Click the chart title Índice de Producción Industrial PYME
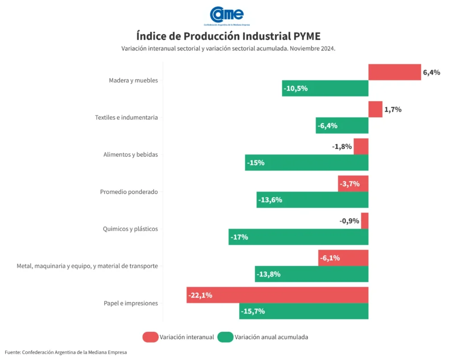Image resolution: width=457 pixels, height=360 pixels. pyautogui.click(x=228, y=36)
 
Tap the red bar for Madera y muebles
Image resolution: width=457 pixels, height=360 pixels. pyautogui.click(x=395, y=72)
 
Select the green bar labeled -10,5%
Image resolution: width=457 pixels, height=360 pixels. pyautogui.click(x=325, y=88)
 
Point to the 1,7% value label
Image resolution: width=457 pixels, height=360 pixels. pyautogui.click(x=393, y=109)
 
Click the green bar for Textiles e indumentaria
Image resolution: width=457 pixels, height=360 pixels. pyautogui.click(x=342, y=126)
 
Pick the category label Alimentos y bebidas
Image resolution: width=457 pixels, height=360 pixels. pyautogui.click(x=130, y=155)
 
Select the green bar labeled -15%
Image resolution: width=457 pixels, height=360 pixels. pyautogui.click(x=307, y=163)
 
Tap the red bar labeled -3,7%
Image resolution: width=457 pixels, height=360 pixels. pyautogui.click(x=353, y=184)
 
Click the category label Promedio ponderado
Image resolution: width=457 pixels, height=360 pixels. pyautogui.click(x=129, y=192)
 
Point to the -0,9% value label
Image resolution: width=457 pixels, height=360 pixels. pyautogui.click(x=349, y=221)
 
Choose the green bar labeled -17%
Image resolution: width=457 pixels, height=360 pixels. pyautogui.click(x=298, y=237)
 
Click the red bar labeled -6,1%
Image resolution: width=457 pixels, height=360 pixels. pyautogui.click(x=343, y=258)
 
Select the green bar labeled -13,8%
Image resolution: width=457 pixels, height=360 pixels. pyautogui.click(x=312, y=274)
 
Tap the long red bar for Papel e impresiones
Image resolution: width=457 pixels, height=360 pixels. pyautogui.click(x=277, y=295)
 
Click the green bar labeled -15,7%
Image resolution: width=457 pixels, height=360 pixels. pyautogui.click(x=303, y=311)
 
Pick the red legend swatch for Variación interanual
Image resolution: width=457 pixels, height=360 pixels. pyautogui.click(x=150, y=337)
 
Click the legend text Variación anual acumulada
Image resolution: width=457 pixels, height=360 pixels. pyautogui.click(x=271, y=337)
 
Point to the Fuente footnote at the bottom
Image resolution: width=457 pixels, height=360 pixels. pyautogui.click(x=66, y=352)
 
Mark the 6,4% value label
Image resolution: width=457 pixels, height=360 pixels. pyautogui.click(x=432, y=72)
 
